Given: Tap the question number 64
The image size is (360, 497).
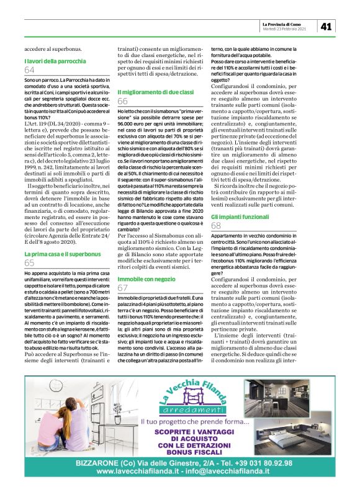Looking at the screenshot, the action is point(30,71).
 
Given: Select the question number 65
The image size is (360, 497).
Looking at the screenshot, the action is point(30,263).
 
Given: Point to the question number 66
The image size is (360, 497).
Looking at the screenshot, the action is point(123,101).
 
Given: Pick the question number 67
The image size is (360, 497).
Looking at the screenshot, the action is point(123,289).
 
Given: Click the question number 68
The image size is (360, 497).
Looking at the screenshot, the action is point(217,226).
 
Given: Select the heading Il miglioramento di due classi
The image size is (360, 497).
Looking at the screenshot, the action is point(155,92).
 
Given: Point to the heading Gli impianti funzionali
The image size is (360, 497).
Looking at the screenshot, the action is point(240,217).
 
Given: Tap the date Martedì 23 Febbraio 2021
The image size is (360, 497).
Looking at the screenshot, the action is point(286,29).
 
